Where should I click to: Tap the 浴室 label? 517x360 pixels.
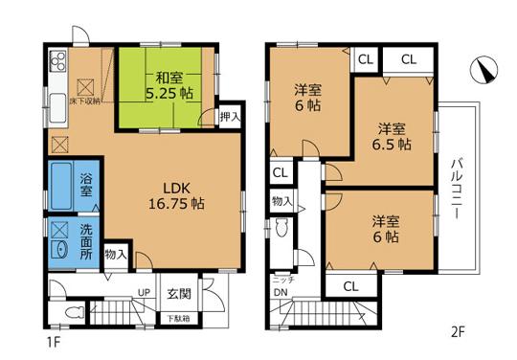point(85,185)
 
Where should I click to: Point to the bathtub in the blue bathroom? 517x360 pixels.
point(60,186)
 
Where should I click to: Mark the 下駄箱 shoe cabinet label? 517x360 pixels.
point(180,318)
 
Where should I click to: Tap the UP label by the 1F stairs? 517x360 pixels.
point(143,294)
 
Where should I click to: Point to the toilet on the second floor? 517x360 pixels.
point(280,231)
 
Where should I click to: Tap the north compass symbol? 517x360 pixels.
point(484,70)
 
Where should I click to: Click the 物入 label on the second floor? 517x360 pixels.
point(281,201)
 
